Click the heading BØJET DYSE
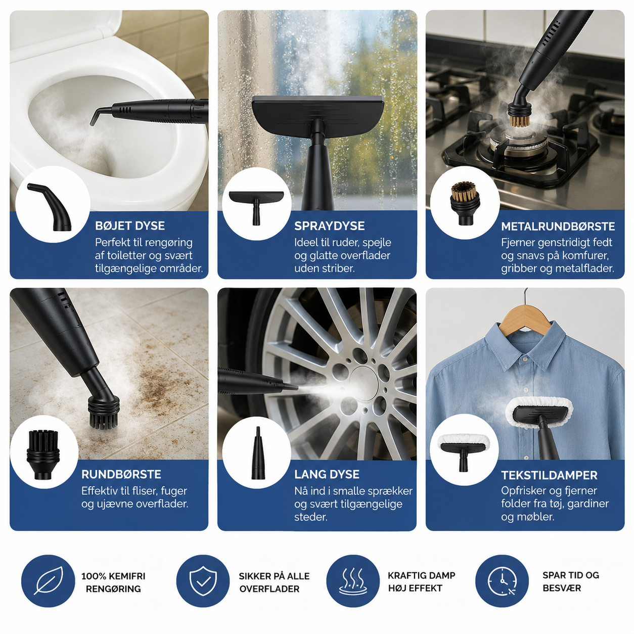point(129,226)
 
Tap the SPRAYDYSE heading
point(329,226)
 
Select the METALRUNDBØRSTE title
point(558,227)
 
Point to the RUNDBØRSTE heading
point(121,474)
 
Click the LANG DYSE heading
point(327,474)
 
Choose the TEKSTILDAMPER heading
point(549,475)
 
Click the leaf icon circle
point(49,581)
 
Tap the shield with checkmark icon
point(203,581)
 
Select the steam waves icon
point(353,581)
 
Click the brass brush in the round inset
point(465,203)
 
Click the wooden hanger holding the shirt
point(526,318)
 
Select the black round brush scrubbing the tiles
point(103,413)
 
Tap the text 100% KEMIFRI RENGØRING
point(113,582)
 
